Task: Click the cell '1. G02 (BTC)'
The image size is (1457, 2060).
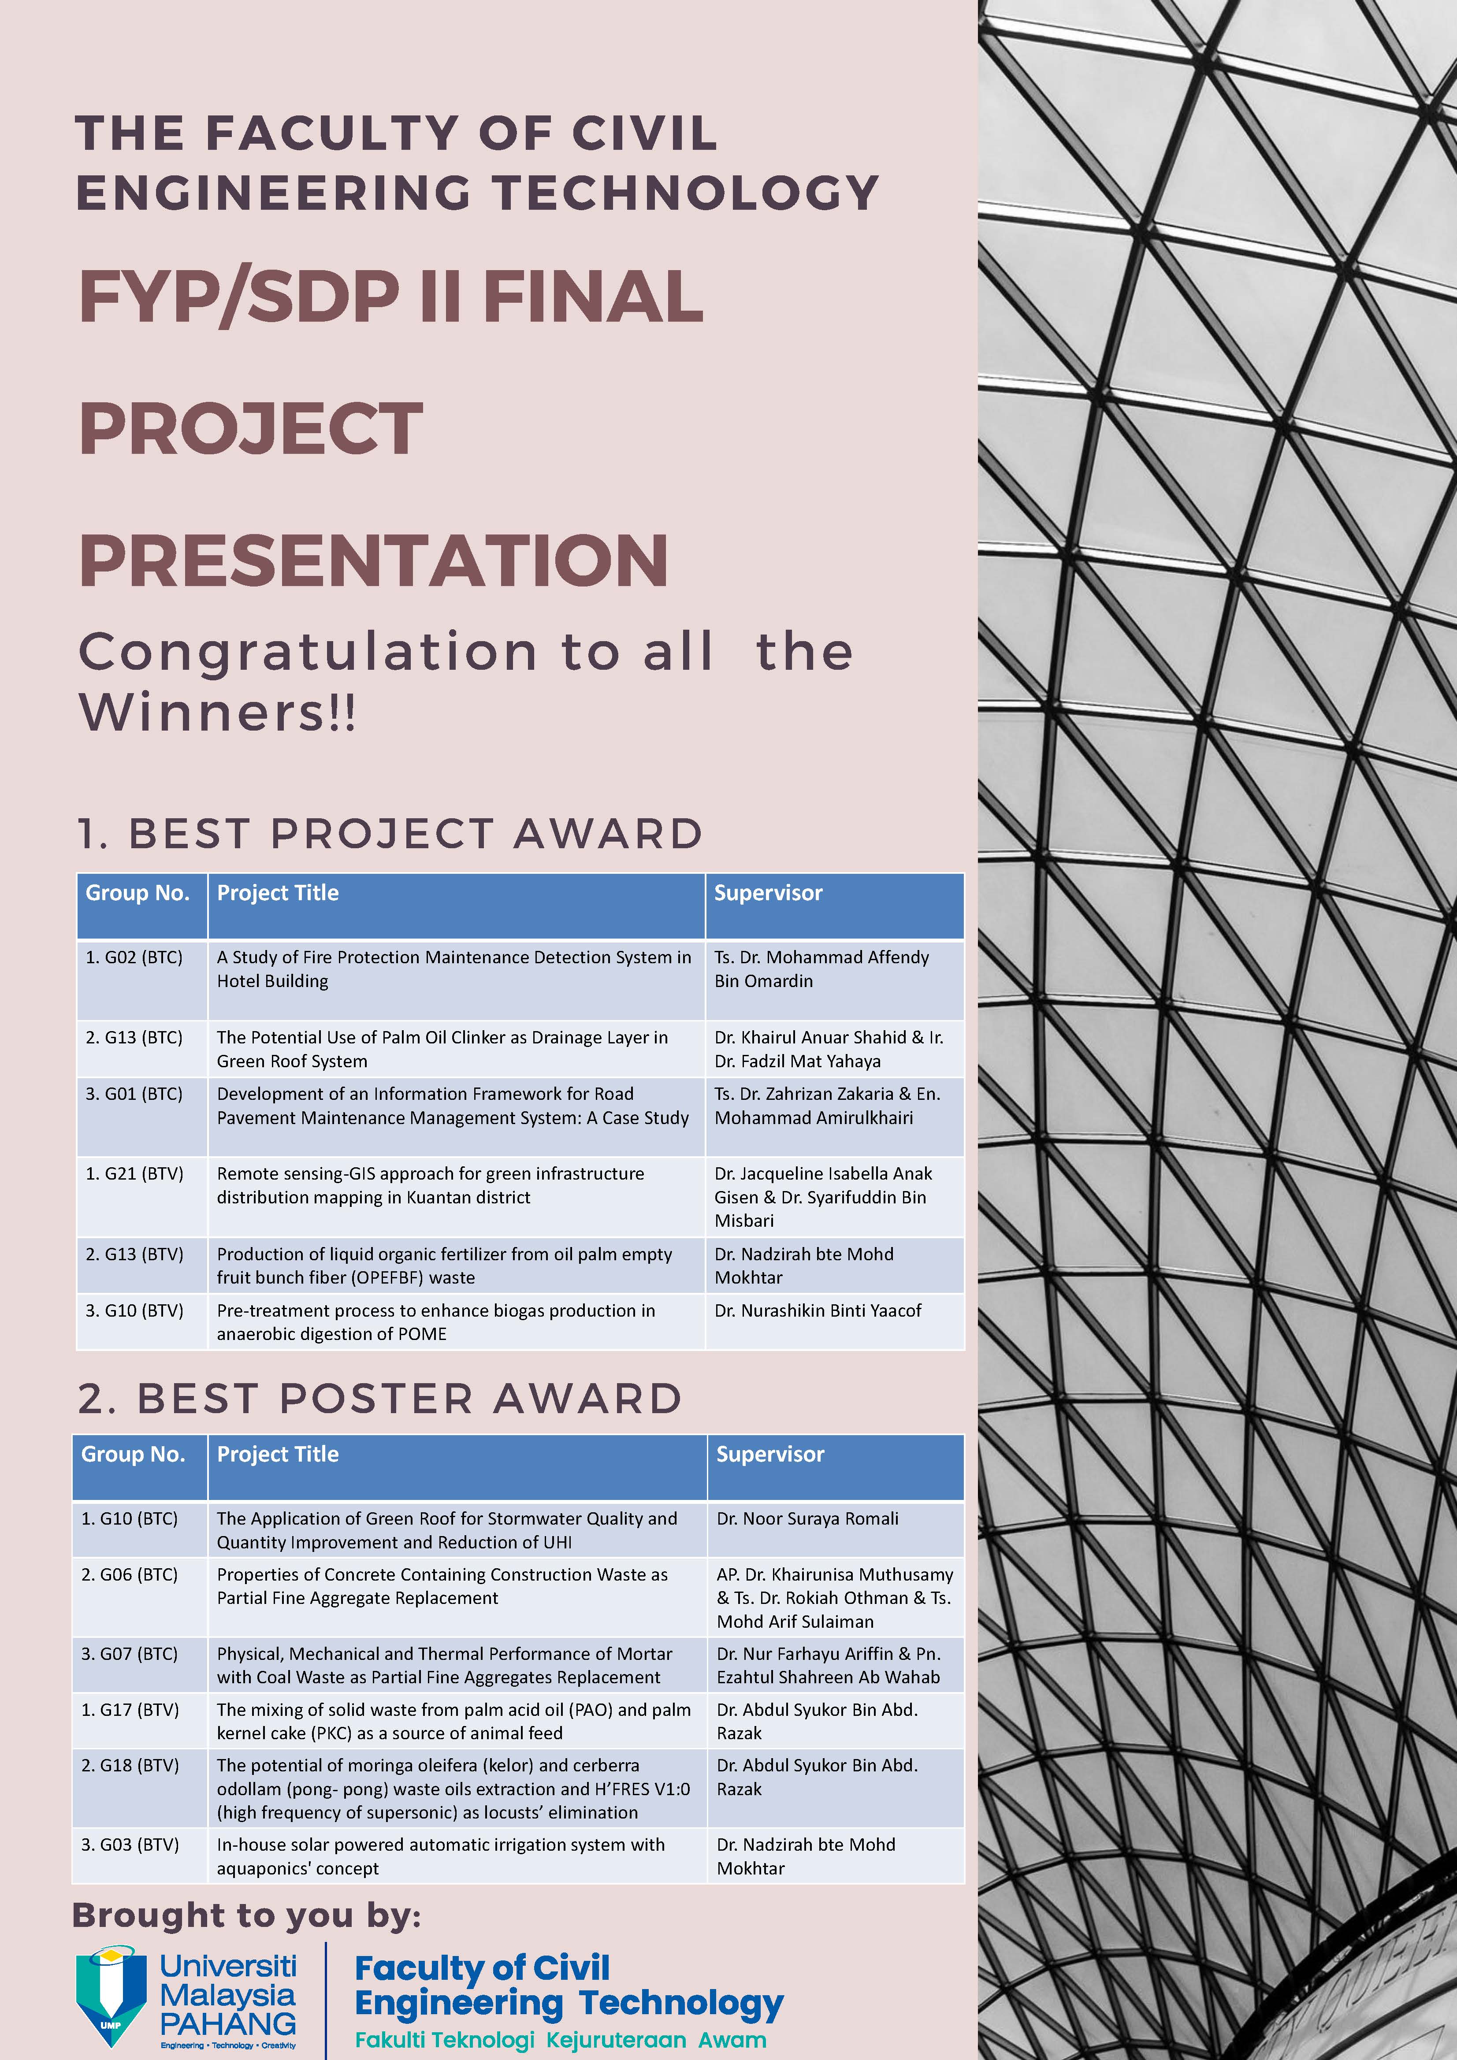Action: coord(134,958)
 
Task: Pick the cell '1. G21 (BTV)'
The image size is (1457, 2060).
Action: coord(134,1173)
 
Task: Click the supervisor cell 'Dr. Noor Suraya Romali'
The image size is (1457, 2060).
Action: coord(807,1519)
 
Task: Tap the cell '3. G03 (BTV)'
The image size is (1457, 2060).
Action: coord(130,1845)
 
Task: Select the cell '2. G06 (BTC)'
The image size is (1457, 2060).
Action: coord(130,1574)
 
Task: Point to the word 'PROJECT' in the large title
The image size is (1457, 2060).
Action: coord(251,428)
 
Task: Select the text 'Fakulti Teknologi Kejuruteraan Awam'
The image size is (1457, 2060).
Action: coord(561,2039)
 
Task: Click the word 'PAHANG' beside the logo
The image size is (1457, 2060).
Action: coord(228,2023)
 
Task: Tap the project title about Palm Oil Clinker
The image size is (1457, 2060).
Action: coord(442,1049)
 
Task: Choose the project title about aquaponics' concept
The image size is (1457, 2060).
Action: coord(441,1856)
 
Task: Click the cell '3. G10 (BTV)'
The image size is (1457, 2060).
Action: coord(134,1311)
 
